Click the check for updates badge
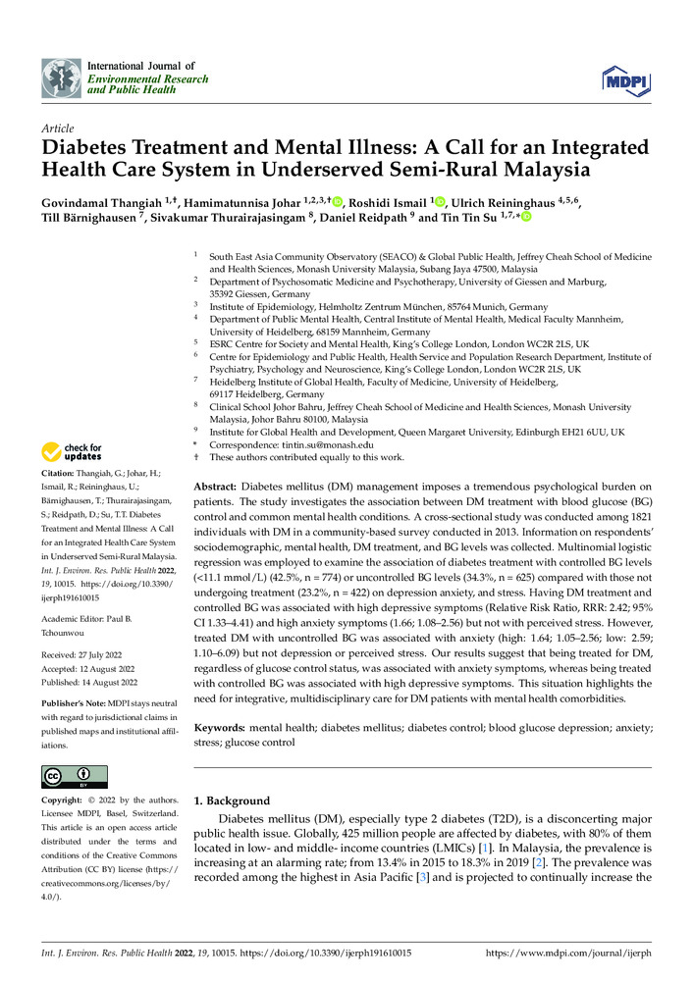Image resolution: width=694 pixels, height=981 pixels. click(72, 451)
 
